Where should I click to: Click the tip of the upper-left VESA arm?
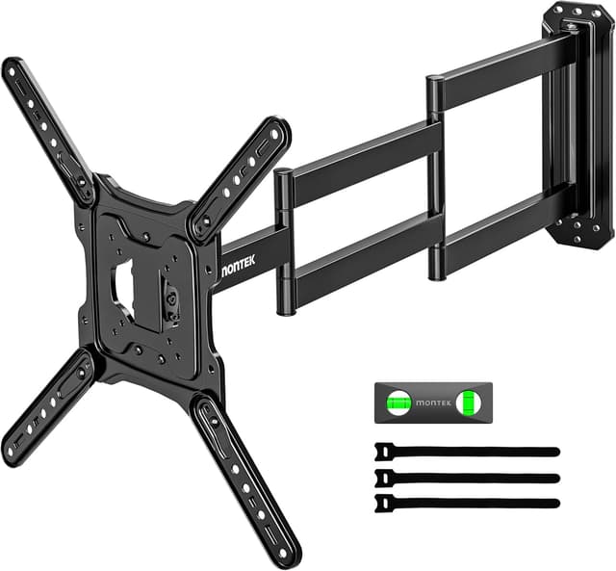tap(13, 69)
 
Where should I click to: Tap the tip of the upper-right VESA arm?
tap(279, 129)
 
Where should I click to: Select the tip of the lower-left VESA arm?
tap(13, 453)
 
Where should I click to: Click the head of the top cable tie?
tap(384, 451)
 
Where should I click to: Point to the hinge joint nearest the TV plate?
tap(284, 241)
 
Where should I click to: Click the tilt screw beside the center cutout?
tap(170, 298)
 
